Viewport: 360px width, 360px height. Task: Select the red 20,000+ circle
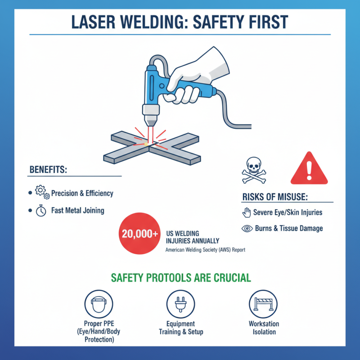click(x=139, y=234)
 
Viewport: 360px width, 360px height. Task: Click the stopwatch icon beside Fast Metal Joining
click(x=41, y=211)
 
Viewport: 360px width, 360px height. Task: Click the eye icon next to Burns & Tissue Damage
click(x=247, y=229)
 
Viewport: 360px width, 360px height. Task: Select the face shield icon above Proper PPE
click(x=99, y=304)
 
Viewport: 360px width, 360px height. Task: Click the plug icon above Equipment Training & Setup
click(x=180, y=304)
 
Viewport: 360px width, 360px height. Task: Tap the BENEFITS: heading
click(x=48, y=170)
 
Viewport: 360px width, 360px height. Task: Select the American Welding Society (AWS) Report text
click(x=205, y=249)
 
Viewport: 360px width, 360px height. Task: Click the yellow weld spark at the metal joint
click(x=147, y=144)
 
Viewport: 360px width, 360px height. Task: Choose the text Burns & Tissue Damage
click(x=288, y=229)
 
